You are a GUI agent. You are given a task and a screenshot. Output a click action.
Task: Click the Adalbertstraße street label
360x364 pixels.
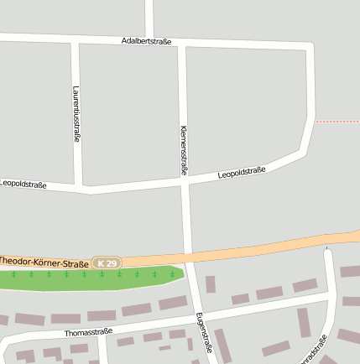[x=146, y=40]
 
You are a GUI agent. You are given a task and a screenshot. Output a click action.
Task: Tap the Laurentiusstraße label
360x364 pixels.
[x=76, y=113]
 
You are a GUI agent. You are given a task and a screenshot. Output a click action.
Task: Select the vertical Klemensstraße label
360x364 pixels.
[x=184, y=151]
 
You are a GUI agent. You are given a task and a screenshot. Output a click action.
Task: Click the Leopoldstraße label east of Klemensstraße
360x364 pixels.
[x=242, y=173]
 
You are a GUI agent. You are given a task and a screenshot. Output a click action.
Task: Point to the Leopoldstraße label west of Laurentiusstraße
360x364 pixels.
[x=23, y=184]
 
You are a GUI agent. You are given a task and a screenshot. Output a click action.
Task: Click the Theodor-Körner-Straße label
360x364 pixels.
[x=44, y=263]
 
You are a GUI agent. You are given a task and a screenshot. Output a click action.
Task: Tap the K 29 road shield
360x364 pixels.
[x=107, y=263]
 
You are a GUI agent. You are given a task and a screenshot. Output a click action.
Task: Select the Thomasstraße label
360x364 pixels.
[x=88, y=332]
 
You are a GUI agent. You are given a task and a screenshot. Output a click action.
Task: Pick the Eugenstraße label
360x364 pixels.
[x=201, y=332]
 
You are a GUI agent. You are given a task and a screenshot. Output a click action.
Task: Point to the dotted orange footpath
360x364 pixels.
[x=337, y=122]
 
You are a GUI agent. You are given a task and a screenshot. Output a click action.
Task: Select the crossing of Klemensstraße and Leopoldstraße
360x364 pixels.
[x=185, y=180]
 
